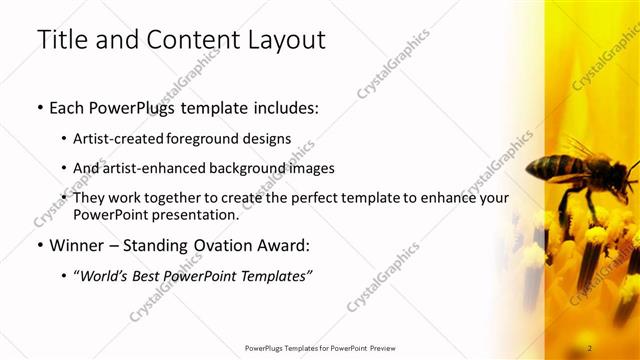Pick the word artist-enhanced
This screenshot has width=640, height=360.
coord(154,168)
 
